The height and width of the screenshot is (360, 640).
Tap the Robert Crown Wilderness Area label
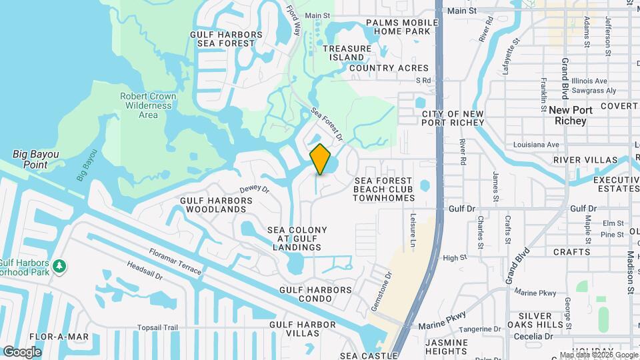(x=148, y=105)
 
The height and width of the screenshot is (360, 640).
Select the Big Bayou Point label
(x=36, y=159)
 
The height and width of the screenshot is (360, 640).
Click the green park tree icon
(x=60, y=266)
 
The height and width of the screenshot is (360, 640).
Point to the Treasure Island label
(x=347, y=53)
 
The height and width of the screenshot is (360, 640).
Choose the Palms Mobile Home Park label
(x=401, y=27)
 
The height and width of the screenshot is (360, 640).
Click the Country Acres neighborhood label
(x=389, y=68)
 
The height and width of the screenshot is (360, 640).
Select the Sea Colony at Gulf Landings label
(x=297, y=239)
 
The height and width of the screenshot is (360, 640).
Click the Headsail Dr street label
(x=145, y=273)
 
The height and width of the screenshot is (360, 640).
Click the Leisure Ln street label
(x=412, y=229)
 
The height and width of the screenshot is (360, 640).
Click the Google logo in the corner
(x=22, y=351)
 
